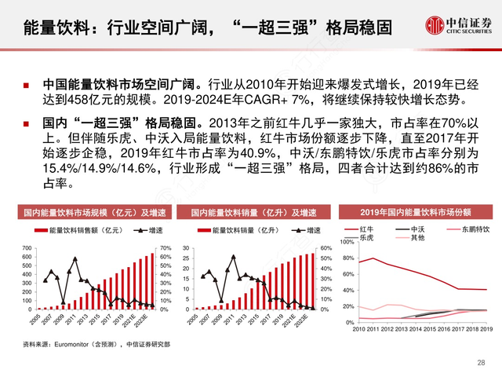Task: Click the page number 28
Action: pyautogui.click(x=481, y=362)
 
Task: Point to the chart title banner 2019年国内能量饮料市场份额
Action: pyautogui.click(x=416, y=213)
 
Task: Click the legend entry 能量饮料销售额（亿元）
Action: pyautogui.click(x=75, y=231)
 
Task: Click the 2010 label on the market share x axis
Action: pyautogui.click(x=360, y=331)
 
